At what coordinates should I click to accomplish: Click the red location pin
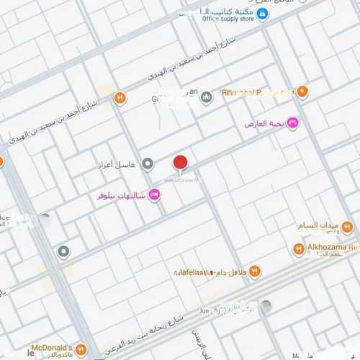pyautogui.click(x=180, y=163)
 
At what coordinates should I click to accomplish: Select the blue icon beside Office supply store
pyautogui.click(x=263, y=14)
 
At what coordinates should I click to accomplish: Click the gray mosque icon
pyautogui.click(x=206, y=97)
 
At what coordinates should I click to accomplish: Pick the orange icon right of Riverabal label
pyautogui.click(x=302, y=91)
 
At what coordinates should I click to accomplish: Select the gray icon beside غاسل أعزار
pyautogui.click(x=148, y=164)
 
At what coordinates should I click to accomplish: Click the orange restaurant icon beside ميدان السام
pyautogui.click(x=348, y=228)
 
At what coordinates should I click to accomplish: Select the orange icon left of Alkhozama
pyautogui.click(x=298, y=249)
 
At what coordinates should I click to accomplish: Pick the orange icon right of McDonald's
pyautogui.click(x=80, y=350)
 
